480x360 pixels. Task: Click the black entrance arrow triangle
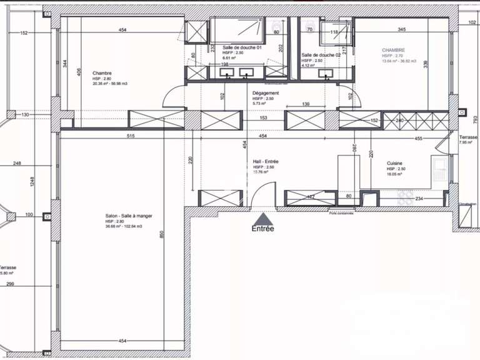click(x=264, y=219)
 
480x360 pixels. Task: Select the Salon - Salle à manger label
click(x=129, y=216)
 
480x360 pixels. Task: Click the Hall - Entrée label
click(x=266, y=161)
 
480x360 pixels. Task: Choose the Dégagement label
click(x=266, y=93)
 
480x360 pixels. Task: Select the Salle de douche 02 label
click(x=321, y=55)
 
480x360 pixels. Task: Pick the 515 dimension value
click(x=131, y=136)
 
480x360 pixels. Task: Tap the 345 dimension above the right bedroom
click(x=401, y=29)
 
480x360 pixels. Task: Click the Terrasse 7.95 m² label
click(x=467, y=139)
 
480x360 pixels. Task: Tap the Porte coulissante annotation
click(x=342, y=212)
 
